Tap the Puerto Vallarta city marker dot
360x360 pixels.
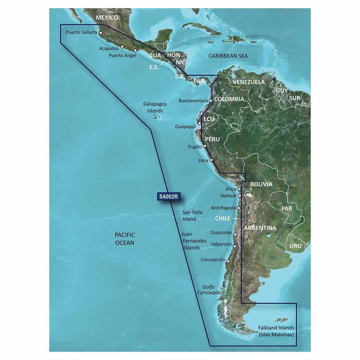[x=101, y=32]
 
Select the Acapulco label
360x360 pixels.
[x=108, y=48]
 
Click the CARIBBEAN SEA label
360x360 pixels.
[x=228, y=55]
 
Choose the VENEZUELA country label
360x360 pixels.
[x=249, y=82]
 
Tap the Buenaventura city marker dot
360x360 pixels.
[x=210, y=101]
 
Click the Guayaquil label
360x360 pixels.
[x=185, y=127]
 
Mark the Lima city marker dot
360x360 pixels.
[x=211, y=160]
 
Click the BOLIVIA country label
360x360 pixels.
[x=261, y=184]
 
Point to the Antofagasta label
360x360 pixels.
[x=223, y=208]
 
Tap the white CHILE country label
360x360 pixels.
[x=222, y=218]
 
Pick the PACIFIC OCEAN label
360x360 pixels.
[x=125, y=238]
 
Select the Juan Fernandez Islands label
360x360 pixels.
[x=194, y=241]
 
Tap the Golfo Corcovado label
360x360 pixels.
[x=209, y=289]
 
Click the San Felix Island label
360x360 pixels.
[x=189, y=215]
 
